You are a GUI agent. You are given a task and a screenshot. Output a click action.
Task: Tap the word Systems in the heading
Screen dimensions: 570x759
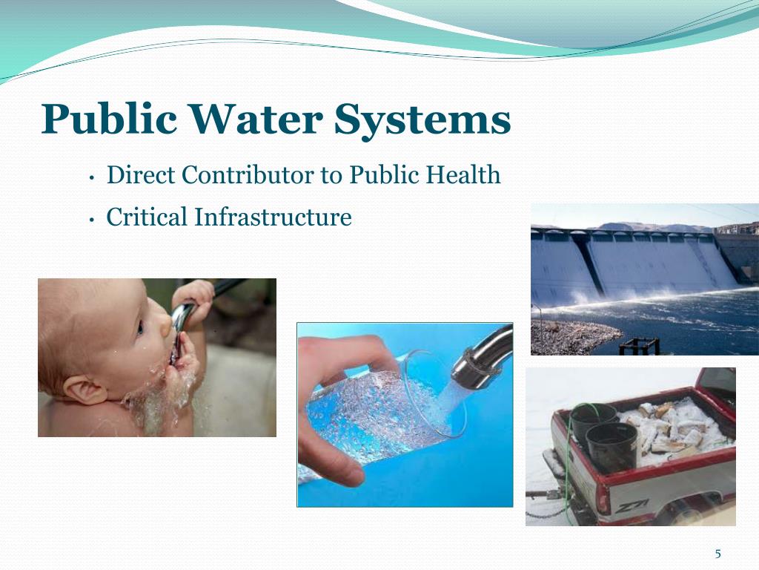(x=422, y=120)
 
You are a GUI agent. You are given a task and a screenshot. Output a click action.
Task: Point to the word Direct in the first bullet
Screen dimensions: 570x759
(x=140, y=175)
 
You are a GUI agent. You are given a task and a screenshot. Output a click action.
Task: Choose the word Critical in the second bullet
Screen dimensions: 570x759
(x=147, y=217)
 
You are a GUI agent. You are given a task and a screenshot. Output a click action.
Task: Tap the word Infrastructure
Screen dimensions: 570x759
(x=273, y=217)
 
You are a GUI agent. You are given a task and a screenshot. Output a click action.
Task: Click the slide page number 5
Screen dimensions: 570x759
(x=717, y=554)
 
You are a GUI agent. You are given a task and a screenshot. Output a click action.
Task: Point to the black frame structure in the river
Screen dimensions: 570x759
(x=640, y=346)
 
